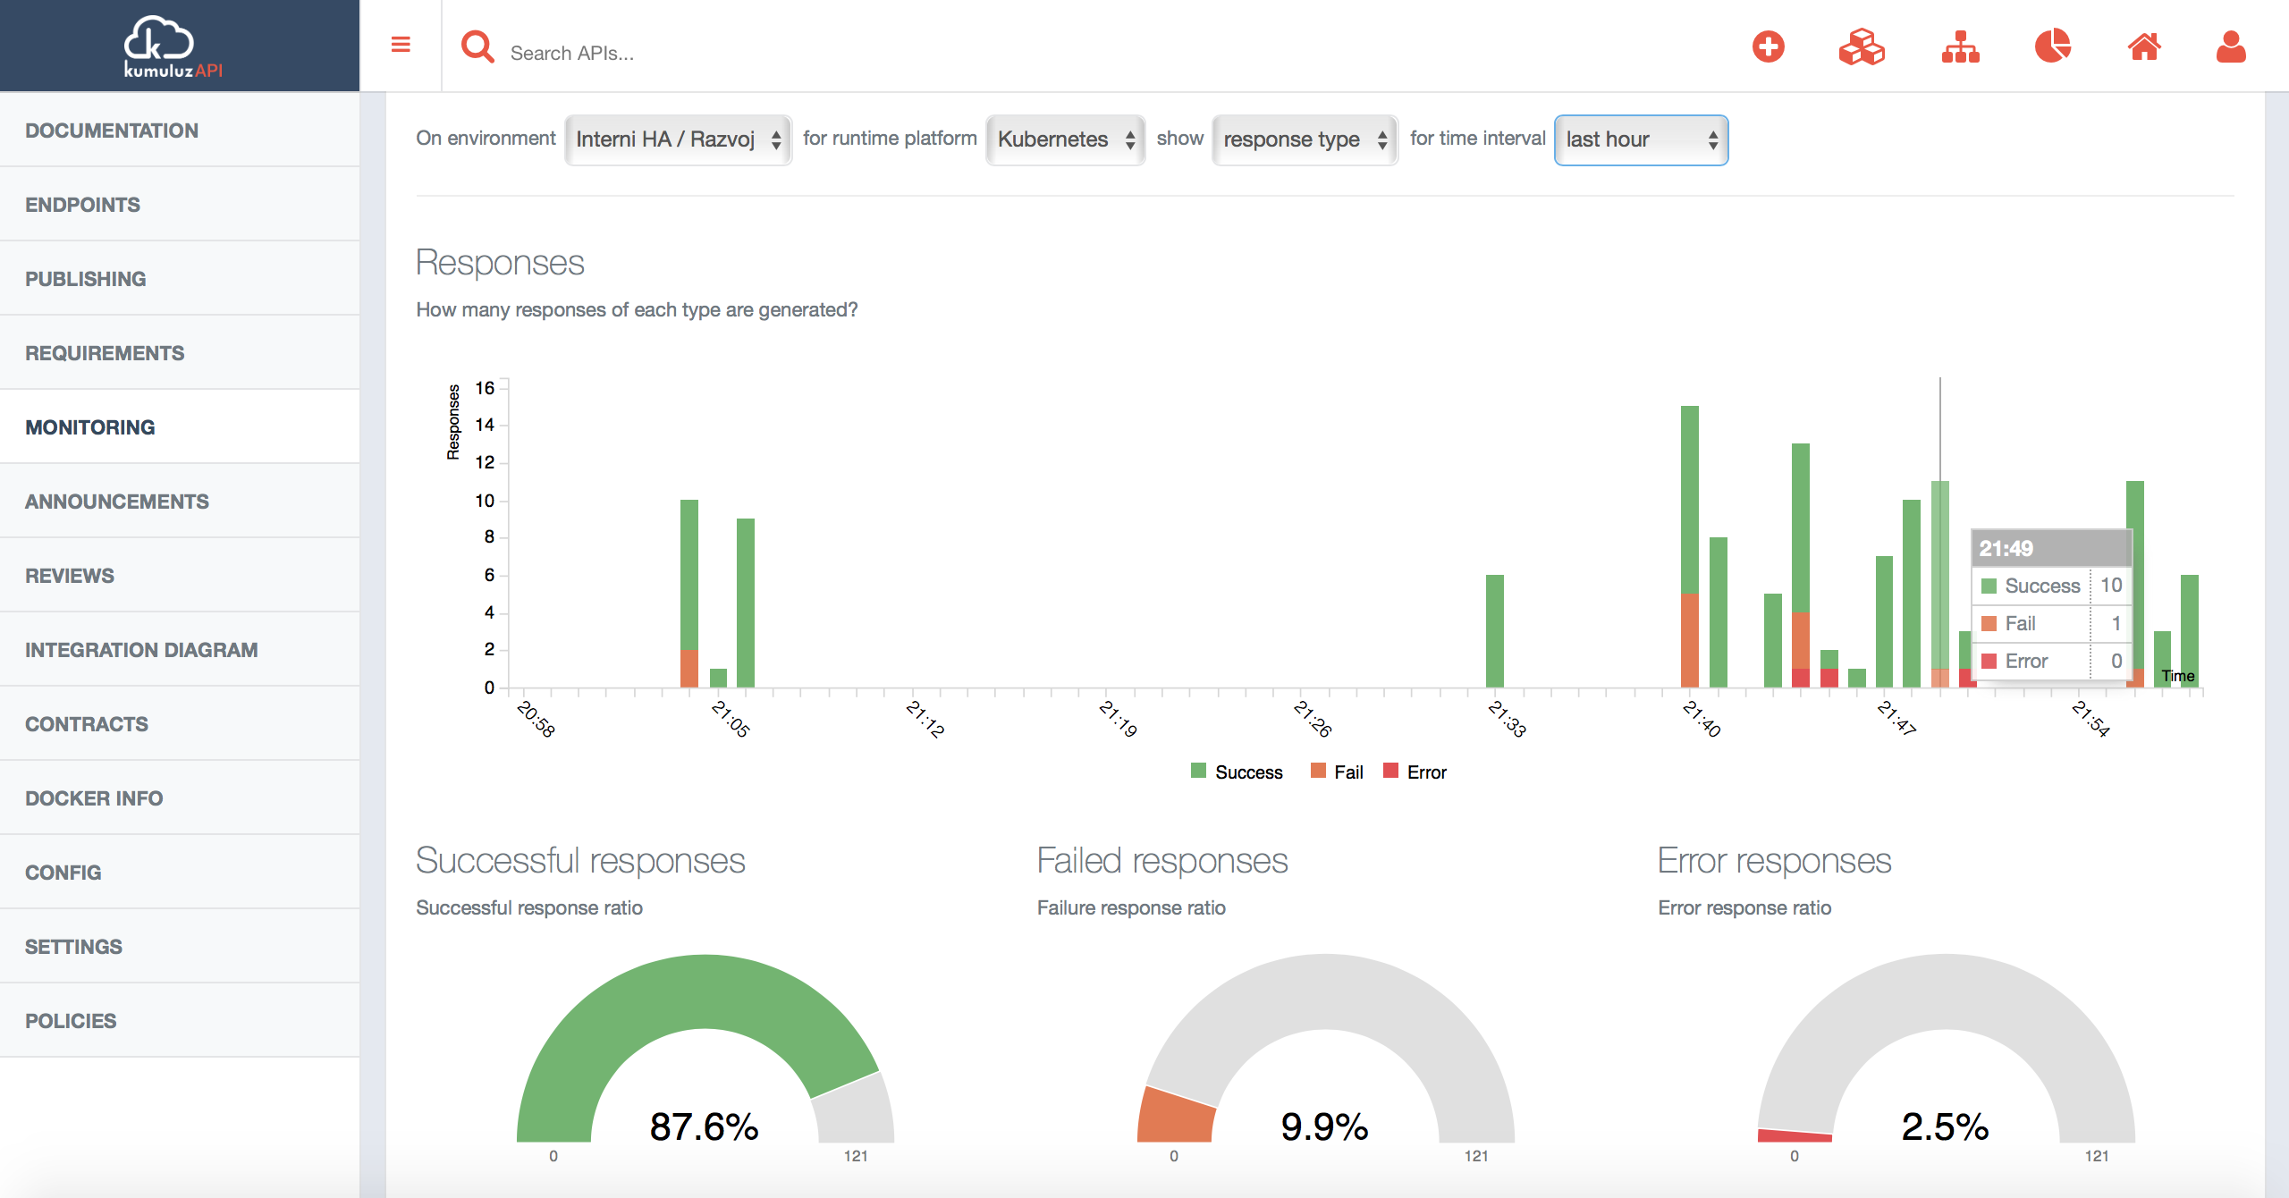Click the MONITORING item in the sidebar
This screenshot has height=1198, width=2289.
(90, 427)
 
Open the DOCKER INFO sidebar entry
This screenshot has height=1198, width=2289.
(94, 798)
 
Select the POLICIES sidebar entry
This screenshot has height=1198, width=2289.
(71, 1021)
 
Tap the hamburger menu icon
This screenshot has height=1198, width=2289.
(401, 45)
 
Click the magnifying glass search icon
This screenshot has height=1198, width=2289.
(477, 46)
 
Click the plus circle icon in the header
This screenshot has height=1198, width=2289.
(1768, 46)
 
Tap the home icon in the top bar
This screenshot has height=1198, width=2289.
(2144, 46)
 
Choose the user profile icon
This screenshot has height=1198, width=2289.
(2231, 46)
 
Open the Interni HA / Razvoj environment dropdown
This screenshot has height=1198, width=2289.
(678, 139)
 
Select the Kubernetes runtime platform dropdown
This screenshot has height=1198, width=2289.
(1065, 139)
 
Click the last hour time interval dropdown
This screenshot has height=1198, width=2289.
(1641, 139)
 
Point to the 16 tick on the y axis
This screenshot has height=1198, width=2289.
(485, 388)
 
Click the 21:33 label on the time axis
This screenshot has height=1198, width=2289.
(1507, 719)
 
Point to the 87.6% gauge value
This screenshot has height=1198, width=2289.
(704, 1126)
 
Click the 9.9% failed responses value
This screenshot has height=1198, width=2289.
(1324, 1126)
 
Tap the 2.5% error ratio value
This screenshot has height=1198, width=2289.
(1945, 1126)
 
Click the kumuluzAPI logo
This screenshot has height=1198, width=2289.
(172, 46)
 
